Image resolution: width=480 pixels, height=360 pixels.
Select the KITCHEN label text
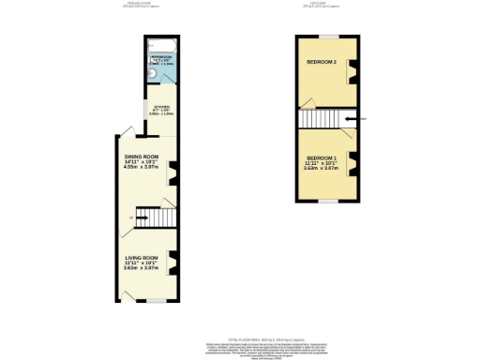coord(162,106)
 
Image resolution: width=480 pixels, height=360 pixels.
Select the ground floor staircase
coord(154,217)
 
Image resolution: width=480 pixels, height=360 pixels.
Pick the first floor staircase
coord(318,118)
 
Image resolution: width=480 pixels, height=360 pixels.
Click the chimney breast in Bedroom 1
coord(353,158)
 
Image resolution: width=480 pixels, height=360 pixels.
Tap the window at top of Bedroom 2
coord(325,37)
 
